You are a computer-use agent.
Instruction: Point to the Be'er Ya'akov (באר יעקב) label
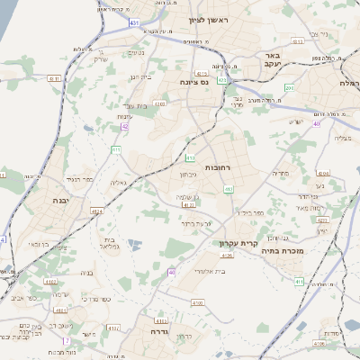tap(274, 59)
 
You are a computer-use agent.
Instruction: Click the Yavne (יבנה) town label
tap(62, 201)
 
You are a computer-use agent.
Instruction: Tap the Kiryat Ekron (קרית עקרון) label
tap(238, 243)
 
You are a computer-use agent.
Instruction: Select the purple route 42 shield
tap(125, 127)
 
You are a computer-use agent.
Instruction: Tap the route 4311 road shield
tap(55, 79)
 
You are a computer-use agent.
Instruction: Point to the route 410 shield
tap(191, 157)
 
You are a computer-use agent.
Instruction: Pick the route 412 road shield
tap(229, 189)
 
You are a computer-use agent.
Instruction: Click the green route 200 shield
tap(287, 87)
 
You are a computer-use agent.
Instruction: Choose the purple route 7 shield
tap(66, 341)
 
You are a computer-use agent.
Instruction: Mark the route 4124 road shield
tap(96, 211)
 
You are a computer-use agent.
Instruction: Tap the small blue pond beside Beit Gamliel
tap(133, 244)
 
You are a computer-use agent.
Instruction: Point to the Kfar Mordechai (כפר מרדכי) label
tap(94, 298)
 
